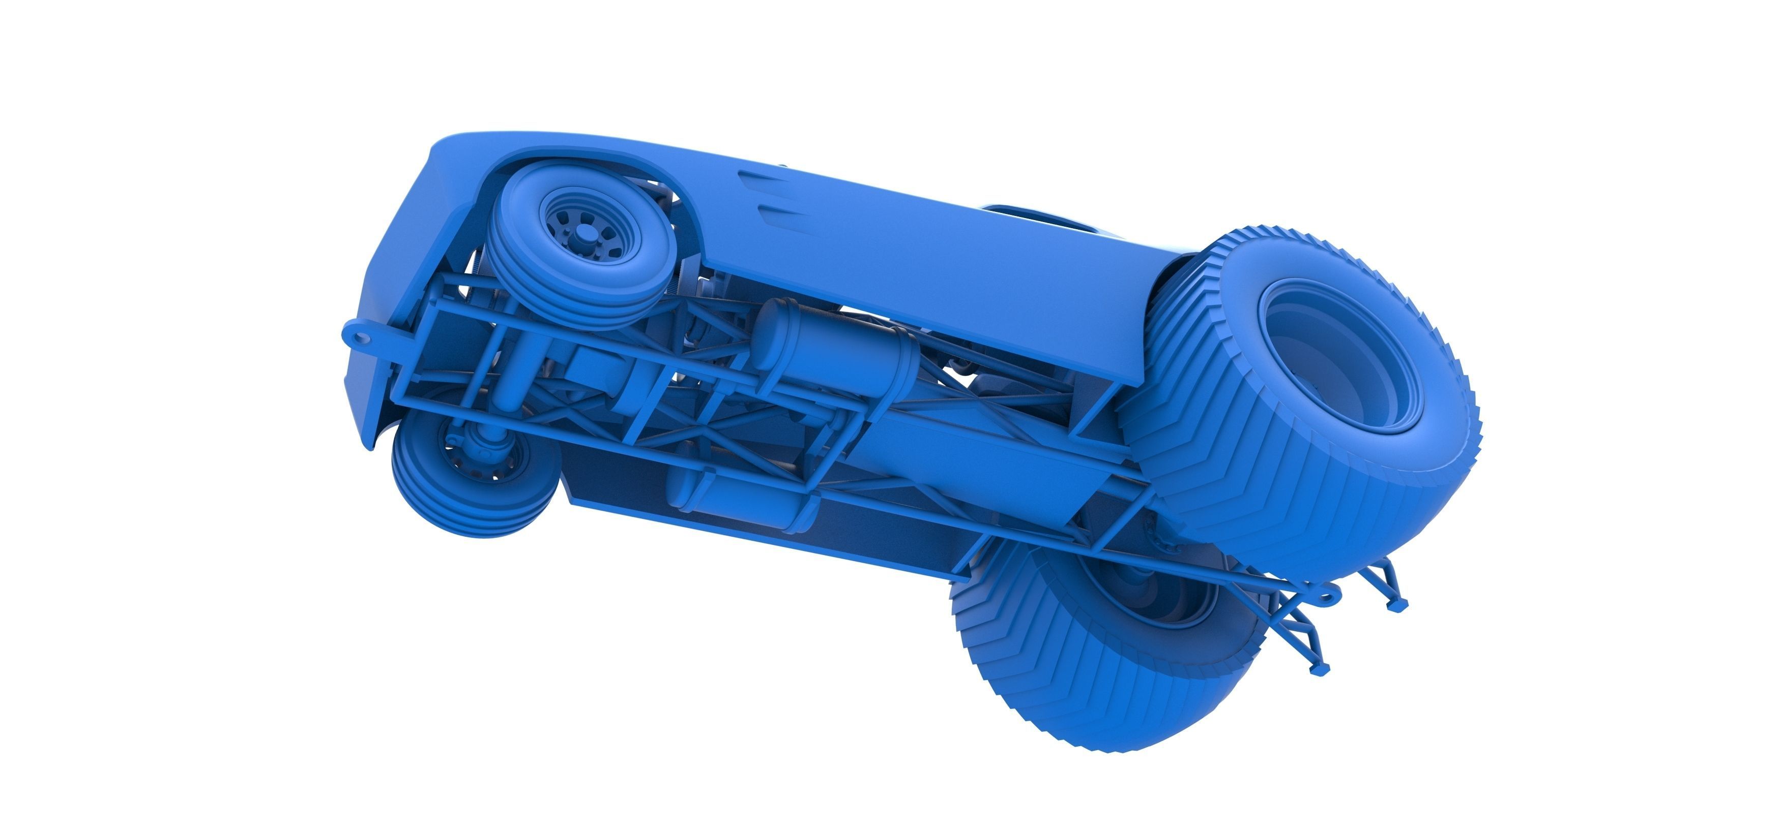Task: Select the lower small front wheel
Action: click(470, 477)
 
